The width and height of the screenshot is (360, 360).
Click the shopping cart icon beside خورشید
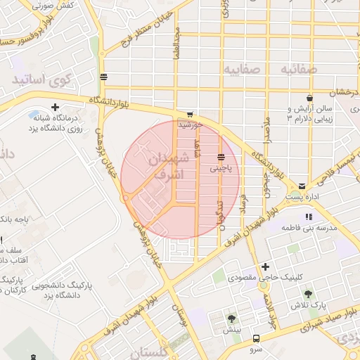189,113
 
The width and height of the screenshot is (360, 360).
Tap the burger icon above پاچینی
221,157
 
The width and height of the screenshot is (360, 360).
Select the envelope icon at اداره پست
302,186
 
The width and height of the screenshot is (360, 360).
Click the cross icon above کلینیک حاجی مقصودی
265,266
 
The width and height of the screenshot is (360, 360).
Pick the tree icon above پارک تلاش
307,294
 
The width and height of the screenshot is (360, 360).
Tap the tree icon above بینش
231,319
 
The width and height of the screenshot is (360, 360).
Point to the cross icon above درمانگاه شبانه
34,114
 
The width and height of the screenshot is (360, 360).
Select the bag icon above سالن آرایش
309,98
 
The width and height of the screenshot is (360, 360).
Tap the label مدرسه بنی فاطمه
310,228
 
